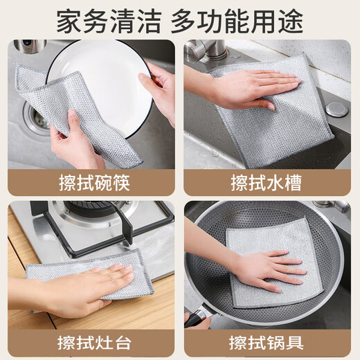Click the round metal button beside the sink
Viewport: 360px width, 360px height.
pos(336,109)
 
